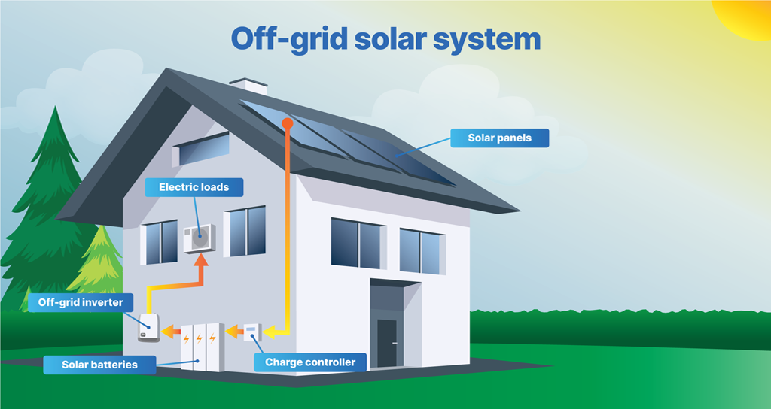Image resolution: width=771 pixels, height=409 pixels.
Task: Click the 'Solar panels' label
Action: coord(499,138)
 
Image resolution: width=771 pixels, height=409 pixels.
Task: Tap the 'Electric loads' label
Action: coord(194,187)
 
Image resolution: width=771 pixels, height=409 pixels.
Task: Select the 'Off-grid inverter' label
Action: coord(85,303)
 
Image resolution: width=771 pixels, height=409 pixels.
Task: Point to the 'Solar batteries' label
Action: coord(99,365)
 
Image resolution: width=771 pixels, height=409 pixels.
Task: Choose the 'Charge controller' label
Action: coord(309,362)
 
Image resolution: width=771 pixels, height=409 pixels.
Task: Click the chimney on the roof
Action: coord(248,86)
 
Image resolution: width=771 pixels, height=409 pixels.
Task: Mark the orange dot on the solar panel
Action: coord(287,122)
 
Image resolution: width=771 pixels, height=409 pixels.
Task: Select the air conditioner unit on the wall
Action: coord(200,238)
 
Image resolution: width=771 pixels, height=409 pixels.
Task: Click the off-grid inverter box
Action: coord(148,329)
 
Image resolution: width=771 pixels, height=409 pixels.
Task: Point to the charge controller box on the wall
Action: coord(252,331)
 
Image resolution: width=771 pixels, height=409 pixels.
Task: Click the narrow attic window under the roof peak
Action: coord(200,150)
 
